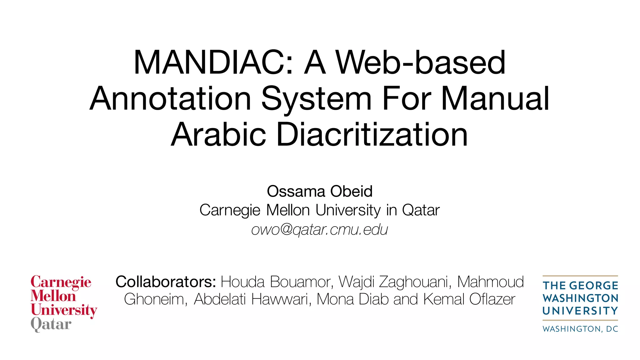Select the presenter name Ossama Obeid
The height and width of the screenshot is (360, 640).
coord(320,191)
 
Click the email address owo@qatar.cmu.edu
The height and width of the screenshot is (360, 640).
coord(320,230)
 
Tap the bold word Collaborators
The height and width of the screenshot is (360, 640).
coord(166,282)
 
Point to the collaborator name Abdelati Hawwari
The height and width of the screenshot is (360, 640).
coord(252,299)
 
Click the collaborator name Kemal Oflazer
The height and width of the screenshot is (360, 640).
coord(469,299)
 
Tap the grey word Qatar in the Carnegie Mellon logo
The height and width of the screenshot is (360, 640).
coord(51,324)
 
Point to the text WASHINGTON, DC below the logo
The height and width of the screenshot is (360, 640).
coord(580,329)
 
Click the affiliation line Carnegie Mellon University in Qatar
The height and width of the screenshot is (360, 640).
coord(320,210)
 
